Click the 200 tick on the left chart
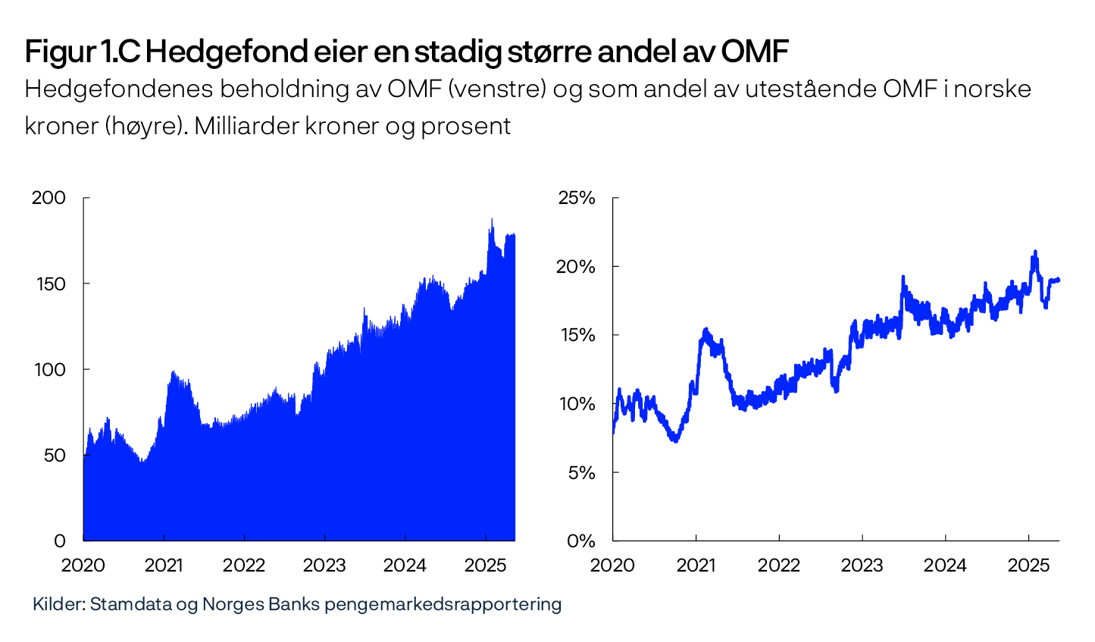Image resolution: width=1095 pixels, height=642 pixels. tap(48, 198)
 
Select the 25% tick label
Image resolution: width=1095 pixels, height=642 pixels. tap(577, 198)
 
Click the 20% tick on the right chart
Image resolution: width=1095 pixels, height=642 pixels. tap(577, 267)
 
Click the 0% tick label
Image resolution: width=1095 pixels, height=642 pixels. tap(580, 541)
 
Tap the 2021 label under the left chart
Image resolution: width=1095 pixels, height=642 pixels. tap(164, 565)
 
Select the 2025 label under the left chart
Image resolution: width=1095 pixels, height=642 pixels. tap(485, 565)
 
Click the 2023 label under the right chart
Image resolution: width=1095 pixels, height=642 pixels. tap(862, 565)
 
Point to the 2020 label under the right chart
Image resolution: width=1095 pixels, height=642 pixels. tap(612, 565)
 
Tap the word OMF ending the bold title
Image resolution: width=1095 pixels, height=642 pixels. tap(754, 52)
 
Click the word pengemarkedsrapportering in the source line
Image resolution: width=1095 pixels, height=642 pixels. tap(443, 604)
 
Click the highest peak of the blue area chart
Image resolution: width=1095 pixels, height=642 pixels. tap(491, 220)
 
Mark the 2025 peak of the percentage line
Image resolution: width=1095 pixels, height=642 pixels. tap(1034, 252)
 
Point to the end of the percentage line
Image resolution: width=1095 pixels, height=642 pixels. tap(1058, 280)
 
